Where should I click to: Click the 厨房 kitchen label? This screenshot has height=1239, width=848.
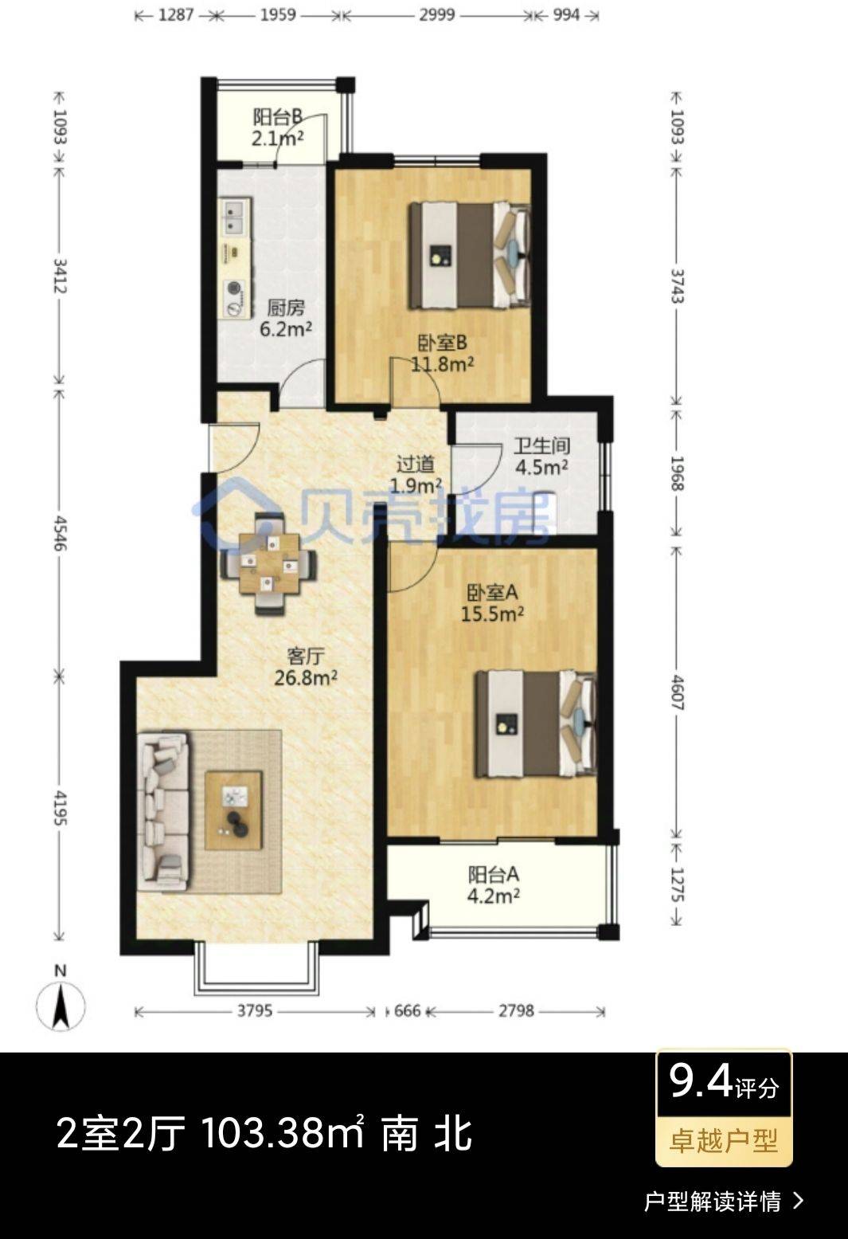[286, 308]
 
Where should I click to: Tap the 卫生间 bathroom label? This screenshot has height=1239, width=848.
[541, 446]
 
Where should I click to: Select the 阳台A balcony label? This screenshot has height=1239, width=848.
[494, 875]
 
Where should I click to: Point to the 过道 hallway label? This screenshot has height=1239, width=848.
[415, 464]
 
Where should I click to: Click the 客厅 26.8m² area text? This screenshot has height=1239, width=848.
[306, 677]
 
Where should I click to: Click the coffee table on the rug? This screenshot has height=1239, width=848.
[233, 810]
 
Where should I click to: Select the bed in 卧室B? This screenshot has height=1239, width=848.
[470, 255]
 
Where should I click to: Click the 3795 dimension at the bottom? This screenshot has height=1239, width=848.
[255, 1010]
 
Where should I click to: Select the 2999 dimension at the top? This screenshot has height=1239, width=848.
[436, 15]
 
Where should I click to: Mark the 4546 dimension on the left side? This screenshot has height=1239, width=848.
[60, 533]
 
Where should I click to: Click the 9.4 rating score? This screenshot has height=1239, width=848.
[701, 1081]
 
